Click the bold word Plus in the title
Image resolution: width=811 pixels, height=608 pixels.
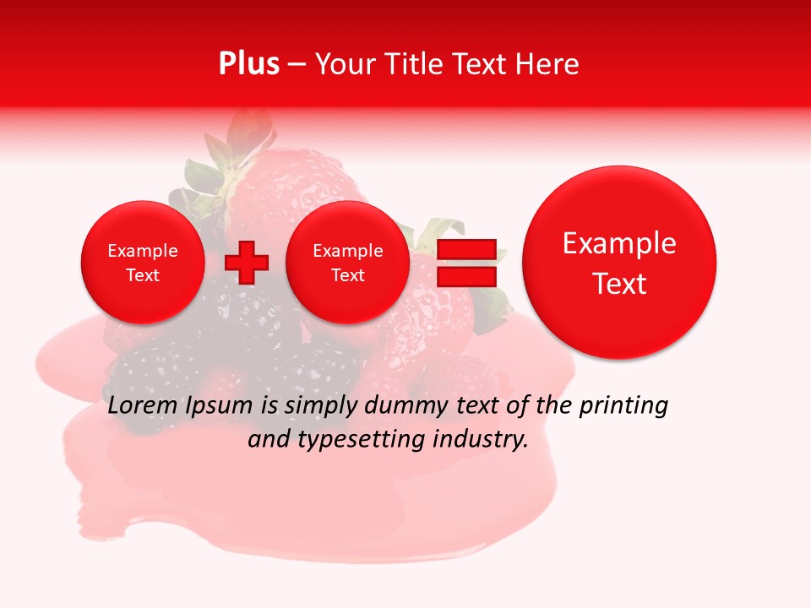248,64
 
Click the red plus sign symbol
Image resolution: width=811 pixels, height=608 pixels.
247,263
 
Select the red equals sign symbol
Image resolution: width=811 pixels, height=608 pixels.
466,263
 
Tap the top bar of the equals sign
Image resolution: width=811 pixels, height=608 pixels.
466,249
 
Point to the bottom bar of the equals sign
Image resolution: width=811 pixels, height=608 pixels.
466,276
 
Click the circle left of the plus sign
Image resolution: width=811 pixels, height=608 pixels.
143,263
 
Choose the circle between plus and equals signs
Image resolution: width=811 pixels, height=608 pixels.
348,263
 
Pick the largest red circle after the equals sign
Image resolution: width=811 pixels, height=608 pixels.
619,263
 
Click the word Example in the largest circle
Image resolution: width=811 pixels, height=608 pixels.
619,243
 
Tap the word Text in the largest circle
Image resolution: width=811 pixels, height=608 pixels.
619,284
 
